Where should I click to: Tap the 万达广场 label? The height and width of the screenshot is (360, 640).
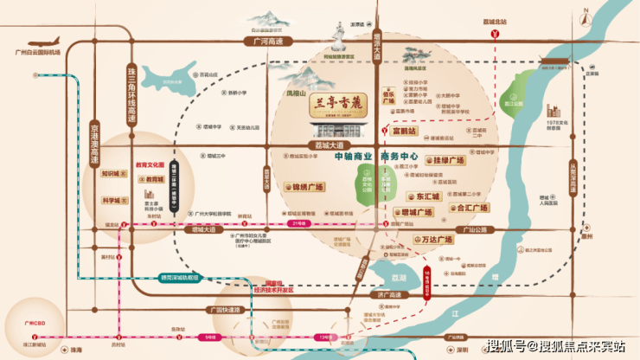click(x=438, y=237)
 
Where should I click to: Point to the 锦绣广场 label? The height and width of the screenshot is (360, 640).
click(x=304, y=187)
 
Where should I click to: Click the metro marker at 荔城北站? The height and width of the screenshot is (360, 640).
click(x=495, y=35)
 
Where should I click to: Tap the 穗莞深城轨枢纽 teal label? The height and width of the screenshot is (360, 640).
click(x=178, y=278)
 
